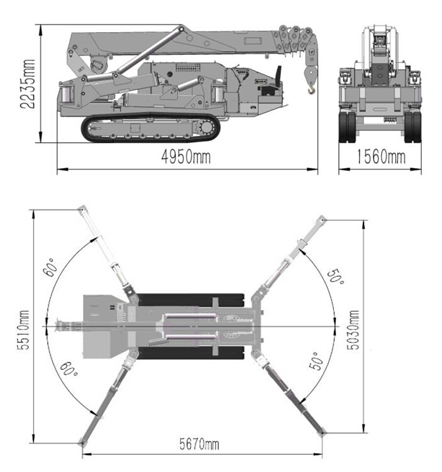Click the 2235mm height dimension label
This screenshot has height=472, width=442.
point(28,84)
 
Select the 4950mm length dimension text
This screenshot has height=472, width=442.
point(186,157)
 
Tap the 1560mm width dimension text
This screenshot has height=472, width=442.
point(381,157)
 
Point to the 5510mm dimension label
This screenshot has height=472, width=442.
point(23,330)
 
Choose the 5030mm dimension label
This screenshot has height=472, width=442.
point(353,330)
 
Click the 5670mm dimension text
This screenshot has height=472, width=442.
point(199,444)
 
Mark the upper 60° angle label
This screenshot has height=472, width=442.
point(50,267)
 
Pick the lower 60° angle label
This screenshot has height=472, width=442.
point(69,369)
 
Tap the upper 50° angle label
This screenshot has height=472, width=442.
point(336,276)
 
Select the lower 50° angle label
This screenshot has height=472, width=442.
point(317,361)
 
